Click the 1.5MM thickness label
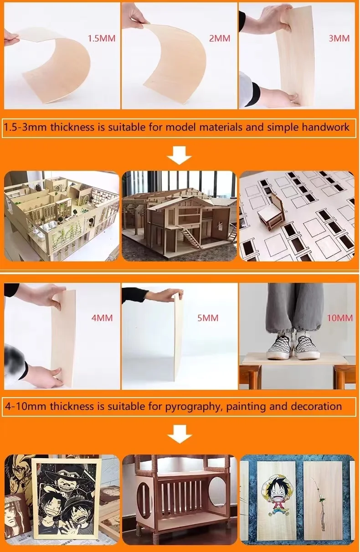102,38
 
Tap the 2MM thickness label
220,38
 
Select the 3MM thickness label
339,38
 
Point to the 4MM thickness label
102,318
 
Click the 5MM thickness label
208,318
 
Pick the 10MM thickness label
340,318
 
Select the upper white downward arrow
180,155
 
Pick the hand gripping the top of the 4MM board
53,296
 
